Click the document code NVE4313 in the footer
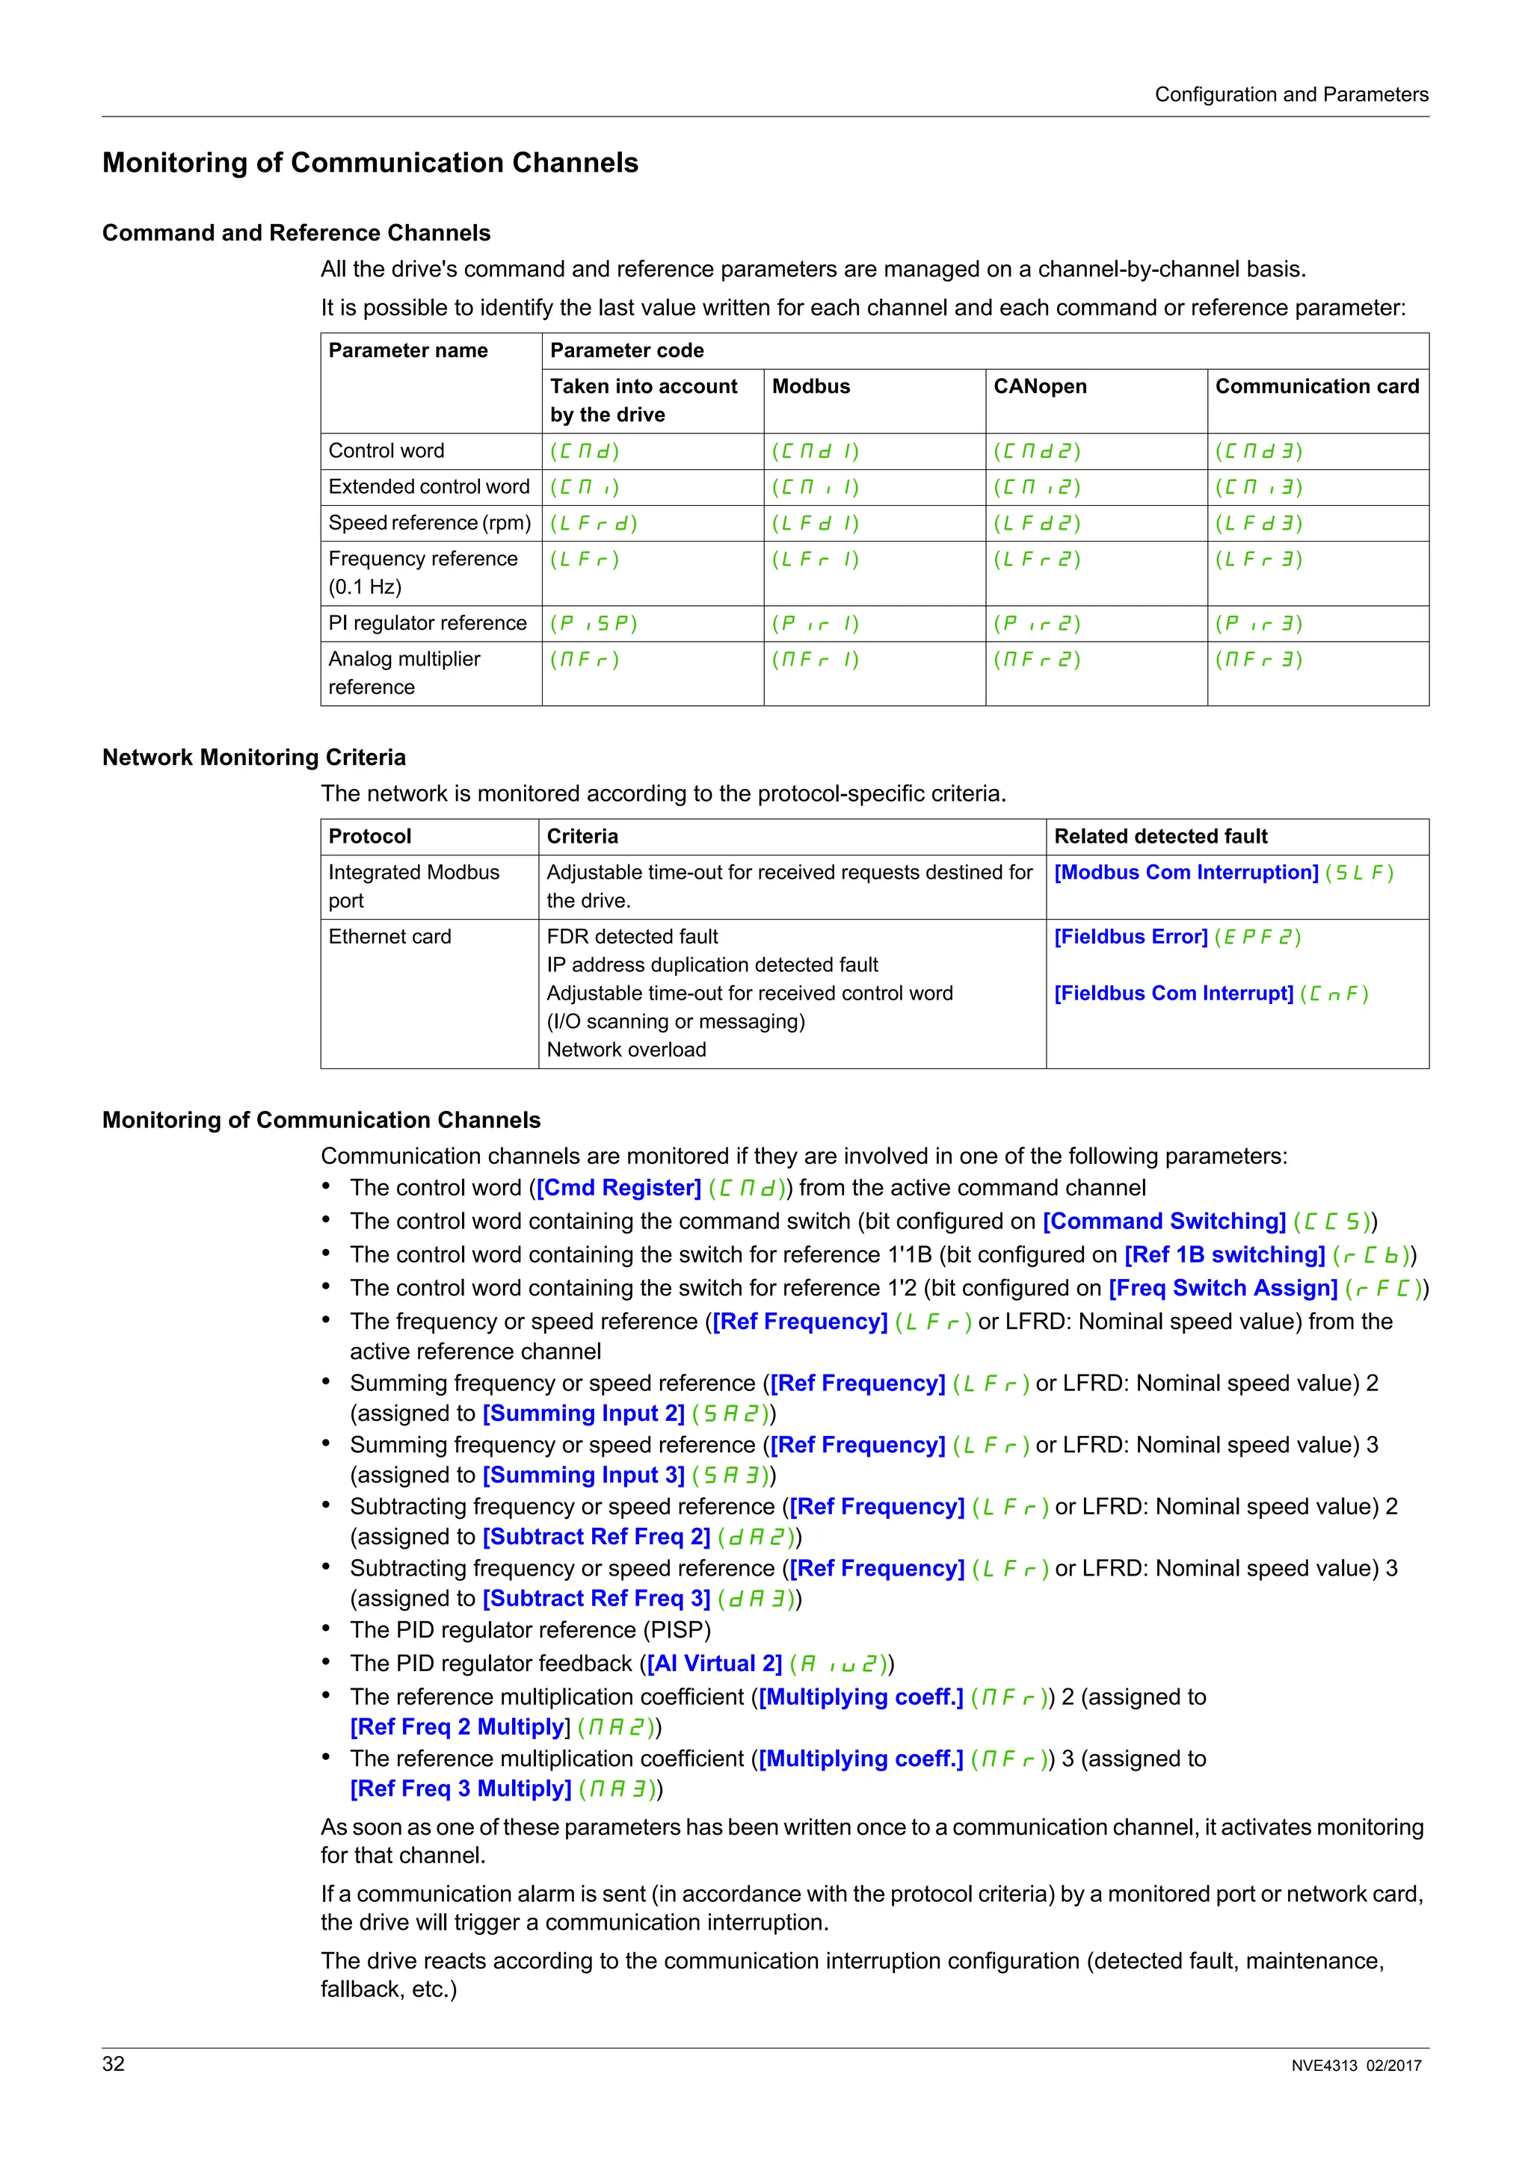coord(1323,2066)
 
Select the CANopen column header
coord(1040,387)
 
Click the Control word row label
coord(386,450)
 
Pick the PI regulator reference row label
coord(428,623)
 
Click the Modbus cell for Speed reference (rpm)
coord(815,524)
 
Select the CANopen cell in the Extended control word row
coord(1037,488)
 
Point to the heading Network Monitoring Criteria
coord(253,758)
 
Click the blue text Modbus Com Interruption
coord(1186,873)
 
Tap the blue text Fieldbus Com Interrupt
coord(1174,993)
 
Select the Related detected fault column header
coord(1160,837)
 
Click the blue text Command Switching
coord(1164,1221)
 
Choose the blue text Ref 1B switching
coord(1225,1255)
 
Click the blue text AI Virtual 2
coord(714,1664)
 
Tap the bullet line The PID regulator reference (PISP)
coord(530,1629)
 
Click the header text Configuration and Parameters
coord(1290,94)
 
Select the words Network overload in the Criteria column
coord(626,1050)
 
